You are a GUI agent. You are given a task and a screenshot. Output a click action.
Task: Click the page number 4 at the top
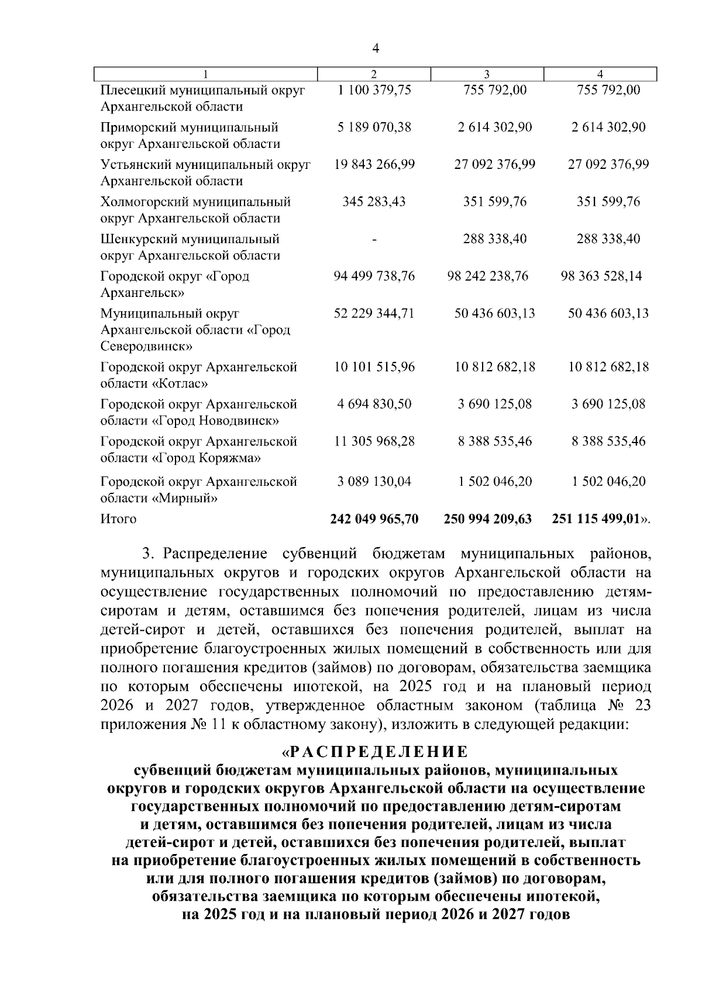pos(376,49)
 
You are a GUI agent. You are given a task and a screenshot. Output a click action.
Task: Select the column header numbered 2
pos(374,74)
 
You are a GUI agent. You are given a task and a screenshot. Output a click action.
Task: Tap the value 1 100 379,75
pos(374,90)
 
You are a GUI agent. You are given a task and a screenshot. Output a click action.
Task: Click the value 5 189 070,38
pos(374,127)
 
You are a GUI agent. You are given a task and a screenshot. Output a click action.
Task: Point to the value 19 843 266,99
pos(374,165)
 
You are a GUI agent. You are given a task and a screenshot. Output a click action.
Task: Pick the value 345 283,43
pos(374,202)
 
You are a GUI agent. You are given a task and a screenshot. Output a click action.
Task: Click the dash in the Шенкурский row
pos(374,240)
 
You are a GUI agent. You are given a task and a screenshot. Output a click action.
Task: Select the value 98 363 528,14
pos(601,276)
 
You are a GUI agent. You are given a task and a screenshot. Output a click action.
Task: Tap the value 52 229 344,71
pos(374,314)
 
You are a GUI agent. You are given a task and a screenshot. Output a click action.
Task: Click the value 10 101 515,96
pos(374,368)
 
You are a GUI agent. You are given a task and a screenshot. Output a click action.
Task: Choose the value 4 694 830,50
pos(374,405)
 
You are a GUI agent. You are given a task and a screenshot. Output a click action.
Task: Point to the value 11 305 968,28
pos(374,442)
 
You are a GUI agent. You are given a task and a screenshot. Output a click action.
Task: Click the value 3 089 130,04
pos(374,482)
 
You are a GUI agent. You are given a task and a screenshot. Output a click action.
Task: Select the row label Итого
pos(119,519)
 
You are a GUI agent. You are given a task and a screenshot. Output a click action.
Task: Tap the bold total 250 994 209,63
pos(488,519)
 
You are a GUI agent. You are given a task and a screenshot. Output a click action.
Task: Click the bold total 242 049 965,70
pos(374,519)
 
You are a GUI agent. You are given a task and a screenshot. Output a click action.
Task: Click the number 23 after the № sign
pos(642,706)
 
